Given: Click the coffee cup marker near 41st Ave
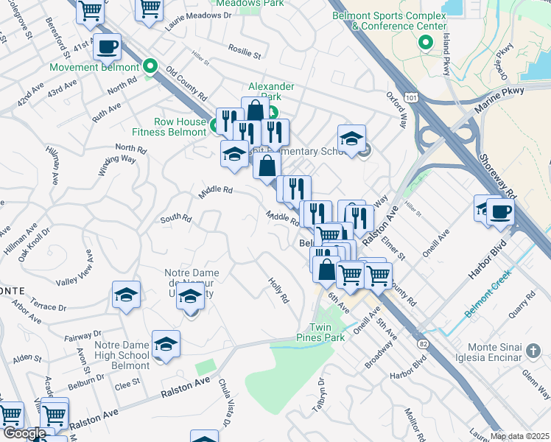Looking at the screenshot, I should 108,47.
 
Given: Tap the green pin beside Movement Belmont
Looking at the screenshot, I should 150,67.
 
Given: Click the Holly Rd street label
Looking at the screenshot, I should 278,292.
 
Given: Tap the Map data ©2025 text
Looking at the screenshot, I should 519,436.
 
